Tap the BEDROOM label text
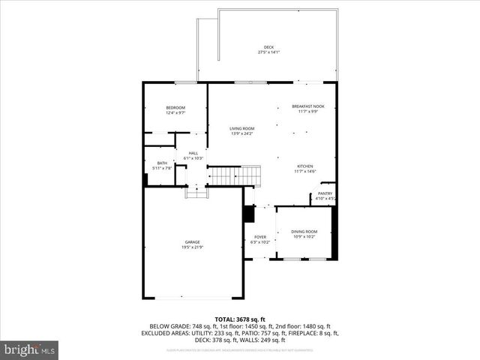click(175, 108)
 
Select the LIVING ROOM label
click(241, 128)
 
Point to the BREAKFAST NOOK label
click(307, 107)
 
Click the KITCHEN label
click(304, 166)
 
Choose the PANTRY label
click(325, 193)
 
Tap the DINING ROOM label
click(304, 231)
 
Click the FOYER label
click(259, 237)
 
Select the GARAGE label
click(193, 241)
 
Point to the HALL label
click(193, 153)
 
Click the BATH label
click(162, 163)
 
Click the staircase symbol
click(234, 176)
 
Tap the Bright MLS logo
click(30, 349)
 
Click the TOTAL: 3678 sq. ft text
click(240, 319)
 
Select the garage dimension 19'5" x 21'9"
click(193, 247)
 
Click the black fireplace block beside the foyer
click(249, 214)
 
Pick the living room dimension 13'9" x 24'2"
click(241, 133)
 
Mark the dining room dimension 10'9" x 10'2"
click(304, 236)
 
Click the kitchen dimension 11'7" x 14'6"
click(304, 171)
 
